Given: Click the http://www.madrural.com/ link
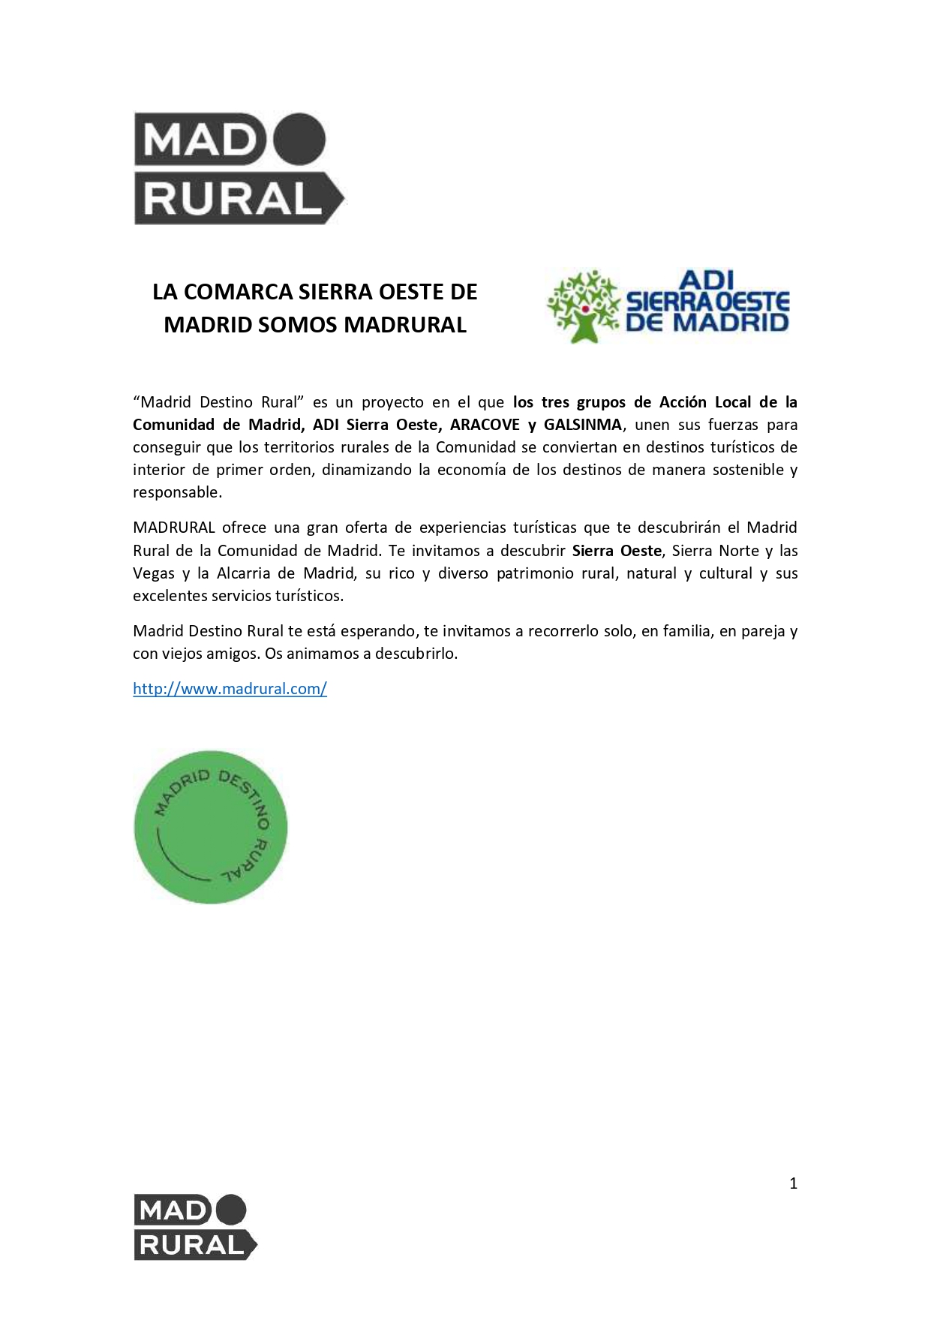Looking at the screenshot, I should click(230, 688).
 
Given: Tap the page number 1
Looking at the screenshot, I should click(793, 1183).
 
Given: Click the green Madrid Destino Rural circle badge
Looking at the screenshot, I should click(211, 827).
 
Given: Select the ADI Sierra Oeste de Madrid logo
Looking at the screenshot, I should click(668, 306).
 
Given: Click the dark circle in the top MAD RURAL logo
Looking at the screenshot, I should click(299, 139).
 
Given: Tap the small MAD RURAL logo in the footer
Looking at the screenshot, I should click(195, 1227).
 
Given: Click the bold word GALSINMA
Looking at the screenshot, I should click(583, 425).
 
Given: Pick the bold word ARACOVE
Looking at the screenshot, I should click(485, 425).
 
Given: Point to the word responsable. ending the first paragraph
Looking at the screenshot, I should click(177, 492).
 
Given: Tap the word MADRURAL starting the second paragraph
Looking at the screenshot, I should click(174, 528).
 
